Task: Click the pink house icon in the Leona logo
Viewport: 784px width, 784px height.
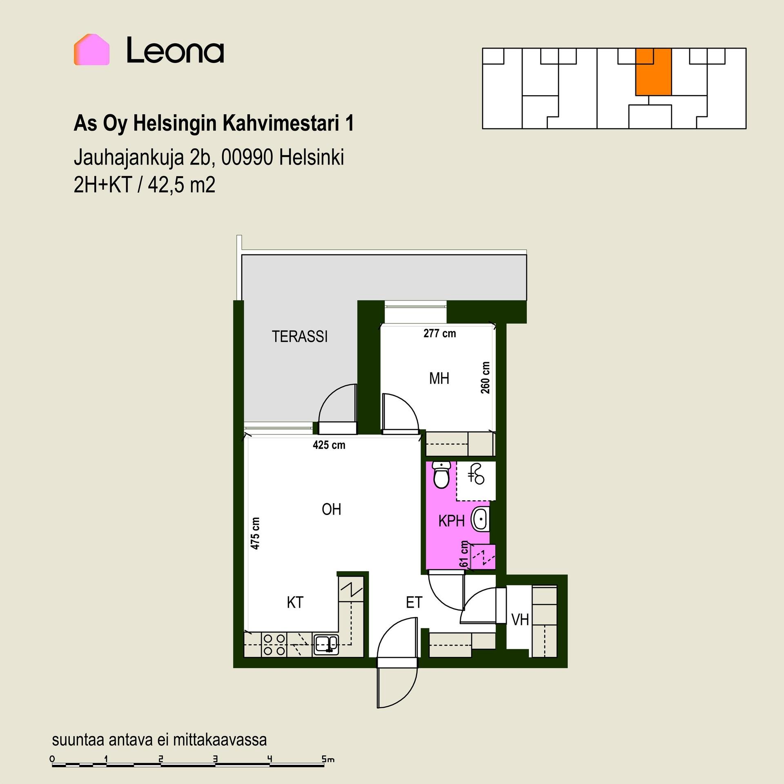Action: click(91, 49)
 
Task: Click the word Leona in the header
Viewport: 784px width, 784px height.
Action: click(175, 50)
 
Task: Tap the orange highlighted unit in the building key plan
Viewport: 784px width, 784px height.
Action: click(653, 72)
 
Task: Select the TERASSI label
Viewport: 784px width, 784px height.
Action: click(300, 336)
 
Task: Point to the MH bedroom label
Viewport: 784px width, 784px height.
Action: click(439, 379)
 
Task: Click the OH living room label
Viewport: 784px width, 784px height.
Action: click(331, 509)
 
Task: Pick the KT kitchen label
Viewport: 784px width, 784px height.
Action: click(295, 602)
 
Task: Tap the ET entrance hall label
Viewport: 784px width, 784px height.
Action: click(414, 602)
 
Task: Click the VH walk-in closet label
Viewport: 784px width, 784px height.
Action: click(520, 620)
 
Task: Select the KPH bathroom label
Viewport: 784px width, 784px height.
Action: click(451, 521)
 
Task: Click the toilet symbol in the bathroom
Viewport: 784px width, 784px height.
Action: click(441, 474)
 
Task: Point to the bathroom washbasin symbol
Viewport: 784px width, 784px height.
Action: click(480, 519)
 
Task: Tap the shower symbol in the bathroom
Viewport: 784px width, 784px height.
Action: click(476, 474)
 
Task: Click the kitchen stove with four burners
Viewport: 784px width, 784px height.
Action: click(274, 645)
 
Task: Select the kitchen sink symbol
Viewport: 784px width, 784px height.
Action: click(326, 645)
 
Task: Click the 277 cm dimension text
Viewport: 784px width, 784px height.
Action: click(439, 333)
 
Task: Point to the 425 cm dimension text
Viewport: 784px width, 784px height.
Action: click(329, 445)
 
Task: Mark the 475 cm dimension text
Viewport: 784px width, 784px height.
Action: click(255, 533)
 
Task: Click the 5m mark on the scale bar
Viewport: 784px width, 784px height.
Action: click(328, 759)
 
